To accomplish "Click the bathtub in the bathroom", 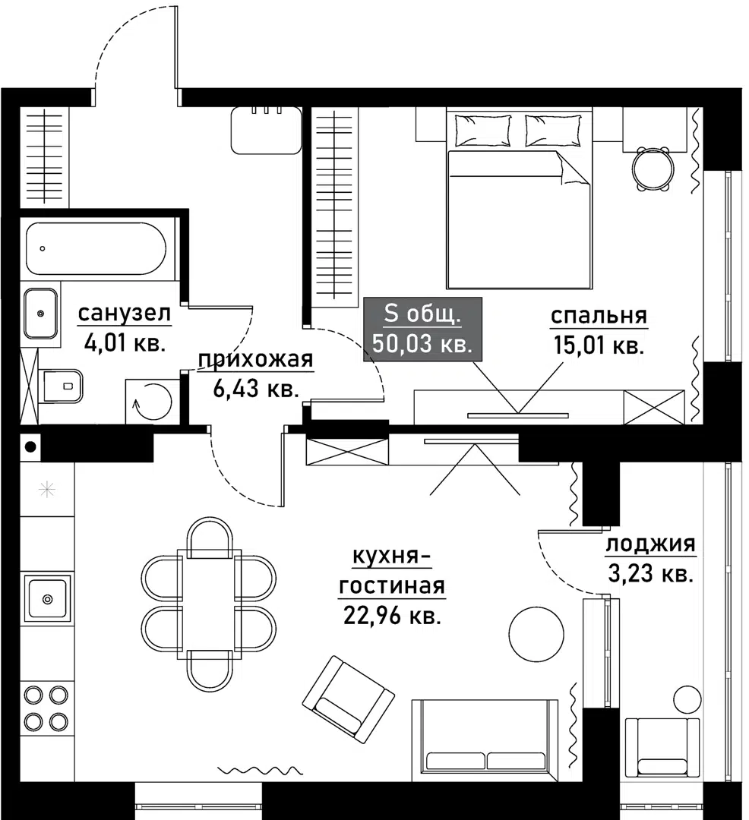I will (95, 248).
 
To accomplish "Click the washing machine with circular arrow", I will (151, 400).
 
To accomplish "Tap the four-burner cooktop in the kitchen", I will (46, 707).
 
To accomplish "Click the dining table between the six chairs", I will (209, 604).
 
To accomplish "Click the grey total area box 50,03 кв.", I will (422, 329).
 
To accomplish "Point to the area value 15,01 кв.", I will (599, 346).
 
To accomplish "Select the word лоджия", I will (649, 544).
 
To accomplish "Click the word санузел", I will (125, 313).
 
